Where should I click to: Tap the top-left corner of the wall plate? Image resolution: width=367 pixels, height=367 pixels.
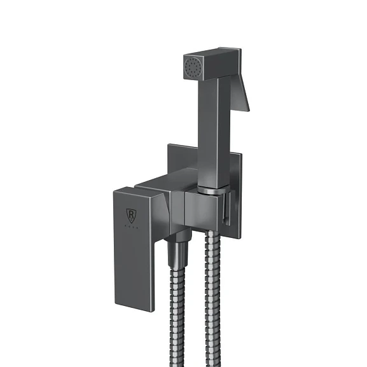coord(169,146)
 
